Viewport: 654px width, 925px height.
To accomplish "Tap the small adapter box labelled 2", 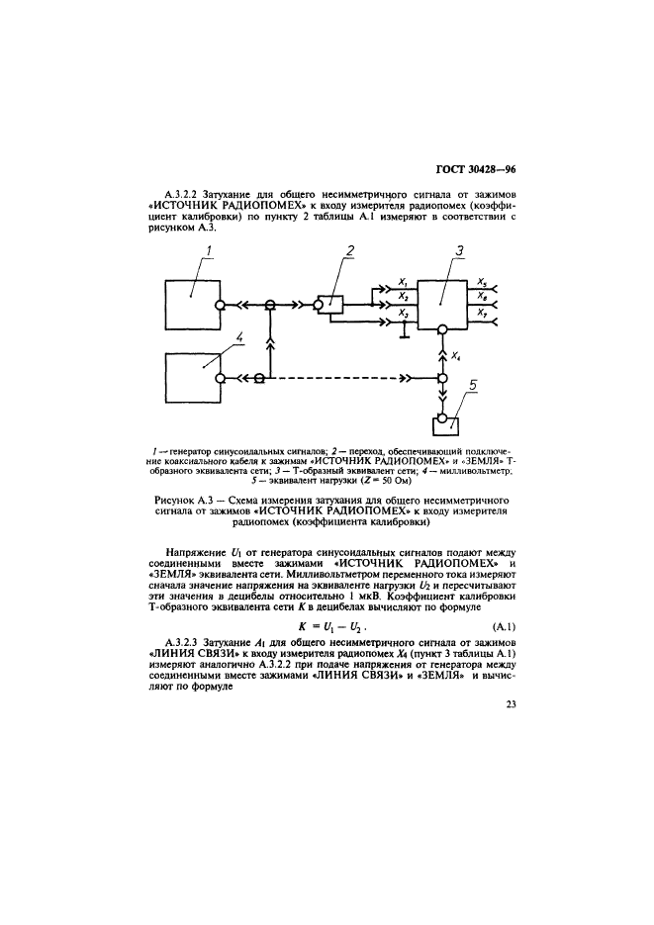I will [x=330, y=306].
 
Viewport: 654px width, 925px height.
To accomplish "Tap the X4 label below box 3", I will [x=456, y=353].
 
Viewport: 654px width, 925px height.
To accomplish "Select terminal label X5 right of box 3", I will [x=481, y=281].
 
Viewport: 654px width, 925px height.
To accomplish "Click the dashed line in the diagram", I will [x=336, y=378].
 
